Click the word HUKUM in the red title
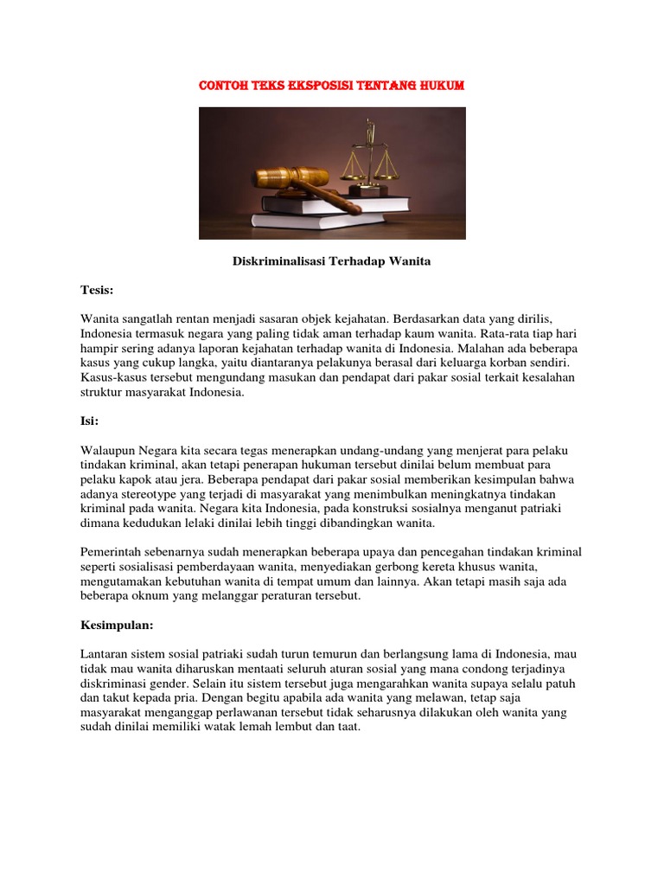coord(443,86)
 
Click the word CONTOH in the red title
coord(222,86)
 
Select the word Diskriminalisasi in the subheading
coord(278,261)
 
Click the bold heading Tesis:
coord(97,290)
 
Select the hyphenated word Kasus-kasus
coord(113,378)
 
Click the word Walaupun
coord(109,451)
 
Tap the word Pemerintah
coord(117,552)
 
